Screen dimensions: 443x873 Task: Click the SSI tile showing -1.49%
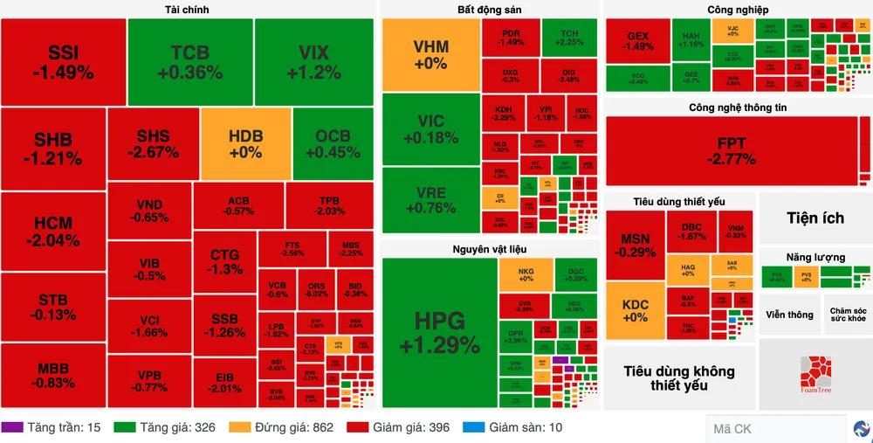pyautogui.click(x=63, y=62)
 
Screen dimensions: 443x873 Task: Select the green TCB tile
pyautogui.click(x=189, y=62)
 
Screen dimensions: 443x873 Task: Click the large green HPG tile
pyautogui.click(x=439, y=332)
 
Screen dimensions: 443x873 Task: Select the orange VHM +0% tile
pyautogui.click(x=430, y=54)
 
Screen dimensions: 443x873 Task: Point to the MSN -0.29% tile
pyautogui.click(x=635, y=245)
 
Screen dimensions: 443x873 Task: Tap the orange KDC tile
pyautogui.click(x=635, y=310)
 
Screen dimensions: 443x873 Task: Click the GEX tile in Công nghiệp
pyautogui.click(x=638, y=41)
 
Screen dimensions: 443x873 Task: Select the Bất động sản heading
pyautogui.click(x=490, y=10)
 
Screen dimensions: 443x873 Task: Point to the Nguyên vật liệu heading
pyautogui.click(x=489, y=249)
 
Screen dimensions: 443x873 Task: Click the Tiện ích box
pyautogui.click(x=815, y=218)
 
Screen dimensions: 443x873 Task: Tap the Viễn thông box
pyautogui.click(x=789, y=315)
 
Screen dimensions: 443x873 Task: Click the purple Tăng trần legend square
pyautogui.click(x=12, y=428)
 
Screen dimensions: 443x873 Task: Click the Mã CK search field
pyautogui.click(x=775, y=429)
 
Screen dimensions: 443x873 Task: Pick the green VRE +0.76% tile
pyautogui.click(x=430, y=199)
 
